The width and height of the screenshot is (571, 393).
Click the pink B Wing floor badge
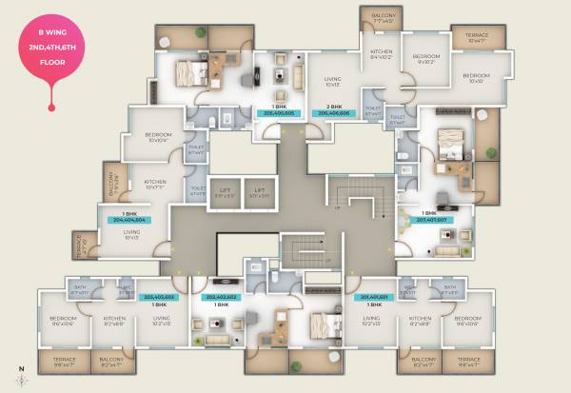point(52,53)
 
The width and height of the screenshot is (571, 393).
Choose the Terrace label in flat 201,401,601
point(467,361)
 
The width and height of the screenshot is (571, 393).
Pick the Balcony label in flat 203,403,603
point(111,361)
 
